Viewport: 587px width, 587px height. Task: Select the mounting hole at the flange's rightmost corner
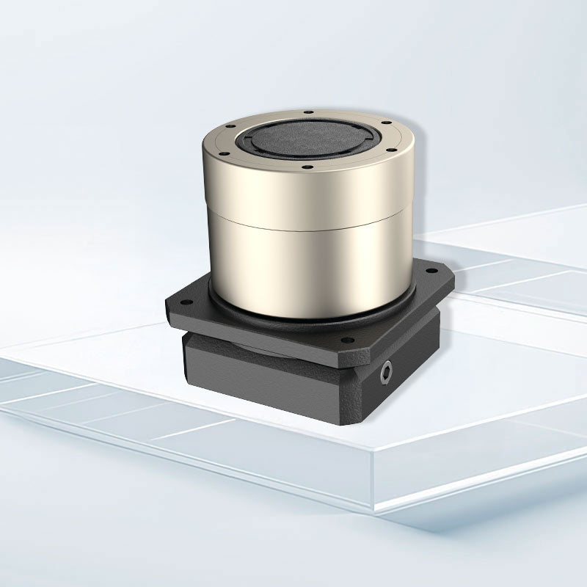tap(440, 277)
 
